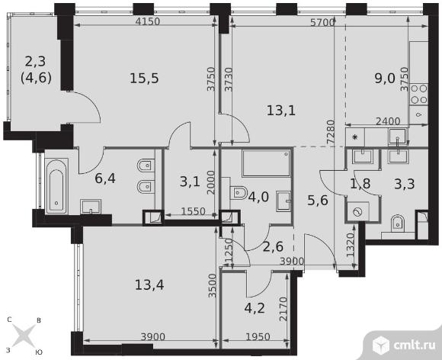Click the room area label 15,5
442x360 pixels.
(144, 78)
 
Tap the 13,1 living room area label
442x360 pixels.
(281, 111)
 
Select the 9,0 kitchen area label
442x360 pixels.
(385, 79)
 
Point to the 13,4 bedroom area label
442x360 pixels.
(149, 284)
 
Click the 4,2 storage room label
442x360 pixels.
(255, 308)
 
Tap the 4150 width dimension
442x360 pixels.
(147, 21)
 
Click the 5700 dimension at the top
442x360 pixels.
(322, 22)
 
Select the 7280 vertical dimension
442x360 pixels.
(331, 133)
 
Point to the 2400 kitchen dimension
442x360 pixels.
(388, 121)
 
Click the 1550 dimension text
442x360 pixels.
(193, 211)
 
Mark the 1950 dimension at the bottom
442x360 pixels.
(258, 336)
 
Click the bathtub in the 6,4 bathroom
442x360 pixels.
(56, 186)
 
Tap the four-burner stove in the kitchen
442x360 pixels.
(418, 95)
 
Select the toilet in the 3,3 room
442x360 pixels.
(398, 223)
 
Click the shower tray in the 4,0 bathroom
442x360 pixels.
(266, 162)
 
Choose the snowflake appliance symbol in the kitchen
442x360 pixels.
(355, 137)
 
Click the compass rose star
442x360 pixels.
(24, 336)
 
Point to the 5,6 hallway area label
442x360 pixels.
(318, 201)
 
